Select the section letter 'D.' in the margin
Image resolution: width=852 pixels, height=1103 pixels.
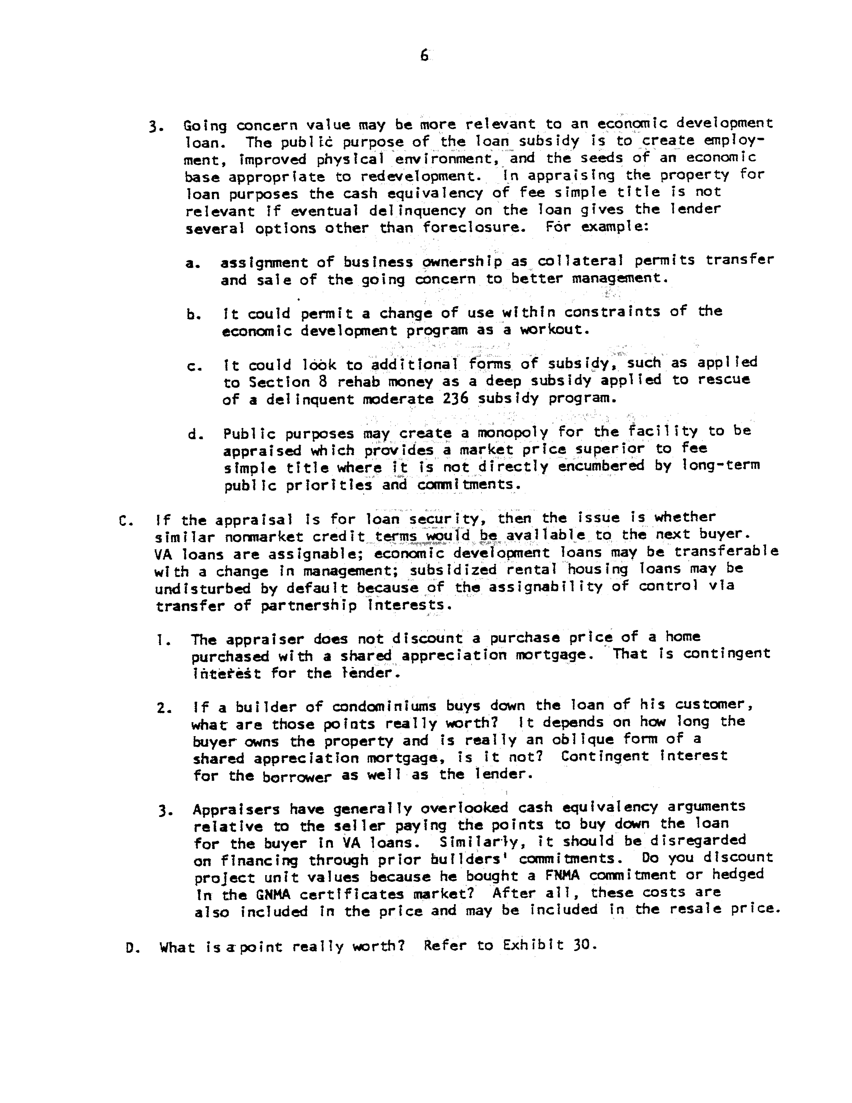tap(132, 948)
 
